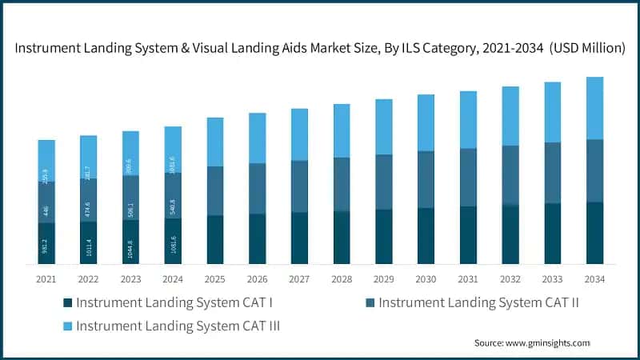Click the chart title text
point(319,48)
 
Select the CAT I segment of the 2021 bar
point(46,243)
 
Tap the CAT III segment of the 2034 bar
point(594,108)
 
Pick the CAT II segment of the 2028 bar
point(342,184)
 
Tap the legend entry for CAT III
point(185,326)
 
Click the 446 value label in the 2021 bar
point(46,211)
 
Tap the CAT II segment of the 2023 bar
point(131,198)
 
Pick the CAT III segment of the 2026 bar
point(258,138)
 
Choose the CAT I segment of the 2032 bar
point(510,234)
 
